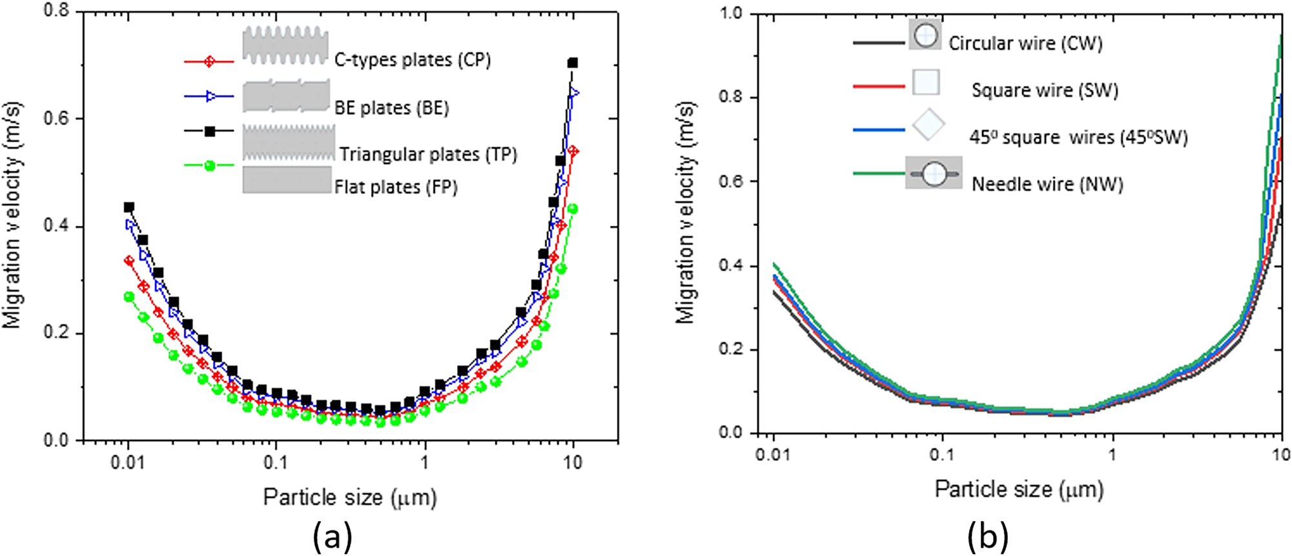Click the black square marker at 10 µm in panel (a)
coord(572,63)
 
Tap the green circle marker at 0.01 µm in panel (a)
coord(128,296)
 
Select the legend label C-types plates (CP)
coord(412,60)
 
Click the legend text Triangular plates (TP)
coord(428,154)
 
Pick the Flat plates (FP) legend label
coord(395,187)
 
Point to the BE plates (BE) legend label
coord(391,107)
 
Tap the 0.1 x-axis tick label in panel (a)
coord(276,463)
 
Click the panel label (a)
coord(333,536)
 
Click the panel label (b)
coord(987,536)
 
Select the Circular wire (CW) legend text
coord(1025,43)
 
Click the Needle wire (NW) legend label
coord(1047,184)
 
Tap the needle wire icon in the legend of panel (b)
coord(934,173)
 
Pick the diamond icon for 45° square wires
coord(928,126)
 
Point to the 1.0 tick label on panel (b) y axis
coord(732,14)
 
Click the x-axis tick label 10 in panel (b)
coord(1280,455)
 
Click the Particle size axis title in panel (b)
coord(1019,489)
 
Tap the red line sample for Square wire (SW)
coord(878,85)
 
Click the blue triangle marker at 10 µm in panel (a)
coord(573,94)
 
